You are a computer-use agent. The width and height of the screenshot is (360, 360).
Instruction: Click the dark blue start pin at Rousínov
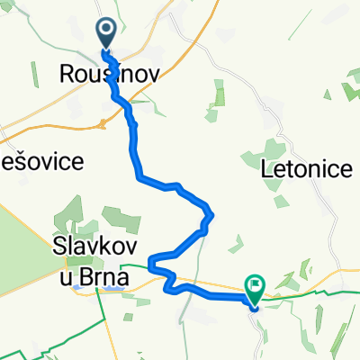coord(106,34)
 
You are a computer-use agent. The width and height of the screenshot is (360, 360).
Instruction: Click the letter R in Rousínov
coord(66,76)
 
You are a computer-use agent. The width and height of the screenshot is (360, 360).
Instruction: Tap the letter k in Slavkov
coord(103,256)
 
